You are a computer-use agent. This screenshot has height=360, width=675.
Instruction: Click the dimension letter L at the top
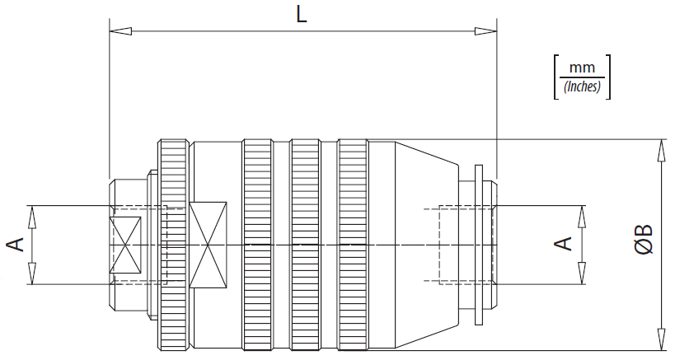click(x=302, y=15)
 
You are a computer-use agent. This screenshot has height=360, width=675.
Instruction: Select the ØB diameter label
click(x=644, y=239)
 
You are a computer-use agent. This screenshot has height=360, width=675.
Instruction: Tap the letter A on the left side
click(x=16, y=245)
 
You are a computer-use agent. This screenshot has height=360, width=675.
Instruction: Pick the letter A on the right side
click(x=563, y=244)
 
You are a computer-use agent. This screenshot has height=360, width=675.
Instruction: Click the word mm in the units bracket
click(x=582, y=68)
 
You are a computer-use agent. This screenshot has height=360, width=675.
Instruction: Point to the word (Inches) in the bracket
click(x=582, y=86)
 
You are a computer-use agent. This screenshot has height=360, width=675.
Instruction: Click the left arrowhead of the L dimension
click(x=120, y=31)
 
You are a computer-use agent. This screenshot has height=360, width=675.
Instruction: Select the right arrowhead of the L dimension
click(x=485, y=31)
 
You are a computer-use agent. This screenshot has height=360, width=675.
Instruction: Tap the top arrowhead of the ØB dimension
click(x=661, y=151)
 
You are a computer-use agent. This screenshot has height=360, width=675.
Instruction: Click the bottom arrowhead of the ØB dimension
click(x=661, y=339)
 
